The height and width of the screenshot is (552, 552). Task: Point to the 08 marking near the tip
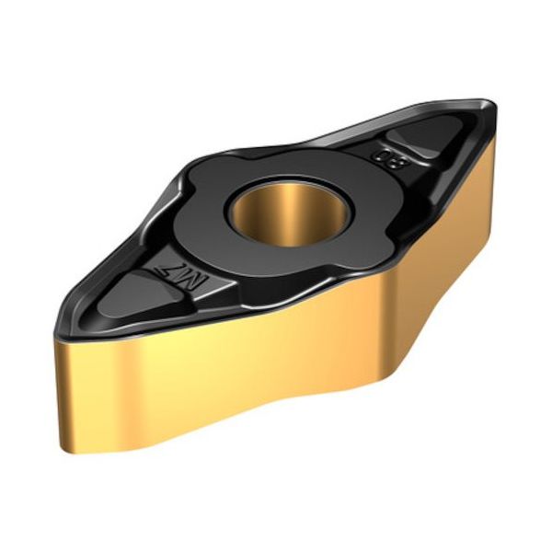pos(380,155)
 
